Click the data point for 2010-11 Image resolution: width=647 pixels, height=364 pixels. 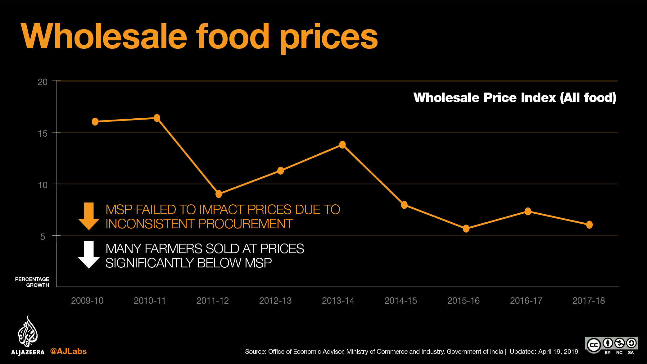point(157,118)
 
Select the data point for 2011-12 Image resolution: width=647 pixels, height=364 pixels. point(219,194)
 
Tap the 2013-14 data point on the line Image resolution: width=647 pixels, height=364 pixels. point(342,145)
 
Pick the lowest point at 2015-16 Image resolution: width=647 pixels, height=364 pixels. point(466,229)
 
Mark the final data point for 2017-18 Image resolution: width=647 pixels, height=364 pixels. point(589,225)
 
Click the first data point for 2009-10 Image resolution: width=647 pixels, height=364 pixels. point(95,122)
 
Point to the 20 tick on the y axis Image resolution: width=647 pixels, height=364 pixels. point(43,82)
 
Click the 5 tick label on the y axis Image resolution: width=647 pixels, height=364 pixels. point(43,237)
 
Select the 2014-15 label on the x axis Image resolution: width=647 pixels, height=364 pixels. point(400,301)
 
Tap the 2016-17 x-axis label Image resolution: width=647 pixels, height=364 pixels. point(526,301)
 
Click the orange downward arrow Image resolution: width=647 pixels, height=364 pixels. point(89,216)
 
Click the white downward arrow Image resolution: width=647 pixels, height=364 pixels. point(89,254)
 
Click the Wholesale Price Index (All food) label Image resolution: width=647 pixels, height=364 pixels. point(514,98)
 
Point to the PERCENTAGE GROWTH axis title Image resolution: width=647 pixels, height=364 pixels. point(32,282)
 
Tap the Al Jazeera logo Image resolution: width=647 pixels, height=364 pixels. point(28,335)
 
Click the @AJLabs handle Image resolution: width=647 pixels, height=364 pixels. point(68,351)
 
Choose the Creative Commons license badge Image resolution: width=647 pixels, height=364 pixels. point(611,345)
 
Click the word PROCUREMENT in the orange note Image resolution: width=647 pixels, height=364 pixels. point(245,224)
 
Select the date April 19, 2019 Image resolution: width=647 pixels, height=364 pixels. point(558,352)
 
